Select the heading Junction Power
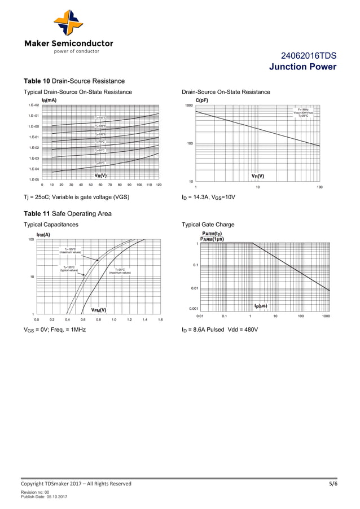point(303,67)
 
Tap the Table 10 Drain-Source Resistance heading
point(73,81)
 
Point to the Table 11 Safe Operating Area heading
point(67,213)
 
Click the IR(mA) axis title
point(49,100)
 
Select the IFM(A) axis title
point(43,234)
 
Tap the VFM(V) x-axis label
point(99,310)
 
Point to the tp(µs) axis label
point(261,306)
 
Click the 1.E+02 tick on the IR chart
point(33,106)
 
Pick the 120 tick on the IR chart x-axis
point(159,185)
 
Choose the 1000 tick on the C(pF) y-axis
point(188,106)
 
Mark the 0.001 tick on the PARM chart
point(193,309)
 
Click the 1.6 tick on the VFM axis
point(160,319)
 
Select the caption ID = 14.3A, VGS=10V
point(208,197)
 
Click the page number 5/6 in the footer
point(333,484)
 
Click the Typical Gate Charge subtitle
point(208,225)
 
